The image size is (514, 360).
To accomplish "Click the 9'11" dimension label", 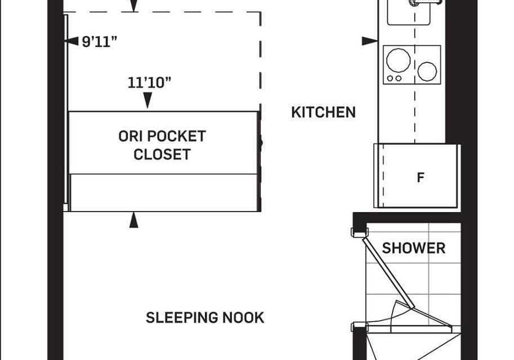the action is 99,42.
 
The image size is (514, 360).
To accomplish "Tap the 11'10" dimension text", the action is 150,83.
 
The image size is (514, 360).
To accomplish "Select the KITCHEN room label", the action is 324,112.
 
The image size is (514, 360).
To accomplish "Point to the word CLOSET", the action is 162,155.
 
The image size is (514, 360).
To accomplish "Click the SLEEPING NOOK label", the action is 205,318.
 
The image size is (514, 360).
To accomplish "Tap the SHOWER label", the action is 414,248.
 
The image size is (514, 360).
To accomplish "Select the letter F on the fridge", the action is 421,178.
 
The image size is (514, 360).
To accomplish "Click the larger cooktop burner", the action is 398,60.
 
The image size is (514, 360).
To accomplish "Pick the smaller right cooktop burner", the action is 427,71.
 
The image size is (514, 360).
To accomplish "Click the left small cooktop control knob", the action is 390,78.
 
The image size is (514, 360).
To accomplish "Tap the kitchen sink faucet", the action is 426,3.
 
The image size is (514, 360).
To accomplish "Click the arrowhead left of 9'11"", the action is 71,41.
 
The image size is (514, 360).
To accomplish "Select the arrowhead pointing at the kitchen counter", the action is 370,41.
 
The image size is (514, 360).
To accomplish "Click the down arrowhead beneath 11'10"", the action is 148,100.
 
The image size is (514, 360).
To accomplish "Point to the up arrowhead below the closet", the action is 134,220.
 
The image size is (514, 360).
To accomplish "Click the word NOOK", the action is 244,318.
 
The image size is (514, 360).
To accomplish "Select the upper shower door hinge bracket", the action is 360,232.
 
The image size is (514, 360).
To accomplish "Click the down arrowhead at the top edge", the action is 134,6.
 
